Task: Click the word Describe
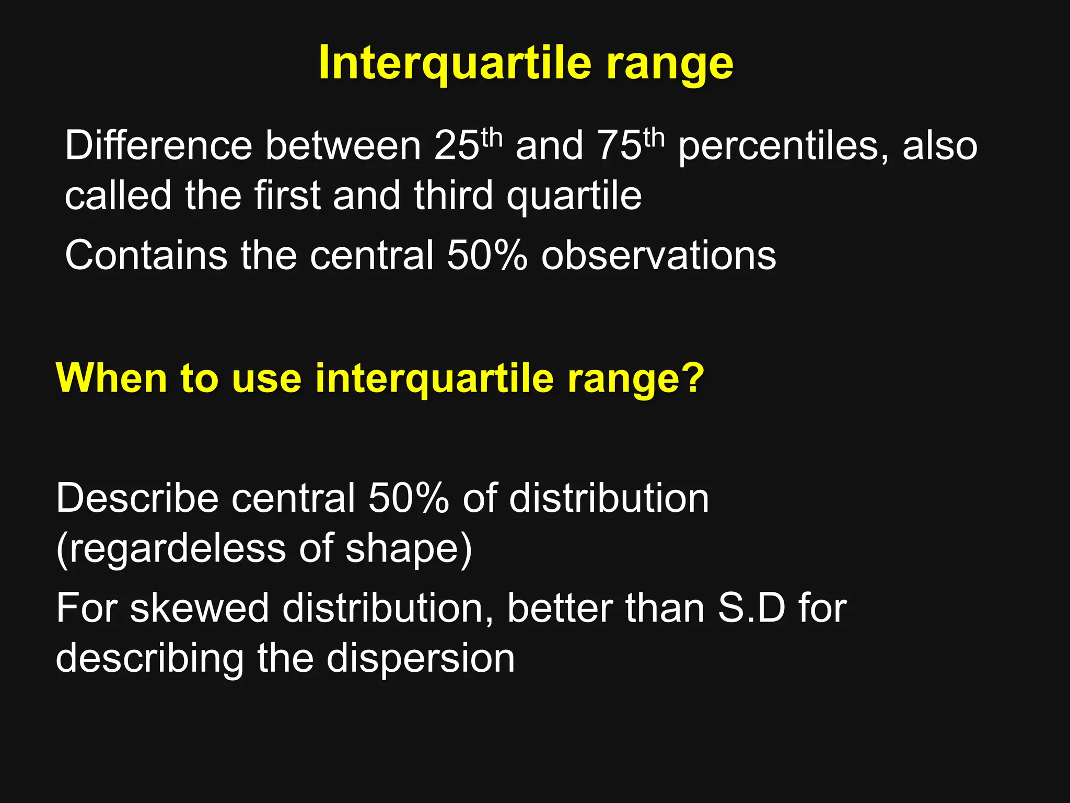tap(137, 498)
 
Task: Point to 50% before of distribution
tap(409, 498)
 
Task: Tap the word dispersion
tap(421, 658)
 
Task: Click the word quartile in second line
tap(574, 196)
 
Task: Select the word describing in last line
tap(149, 658)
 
